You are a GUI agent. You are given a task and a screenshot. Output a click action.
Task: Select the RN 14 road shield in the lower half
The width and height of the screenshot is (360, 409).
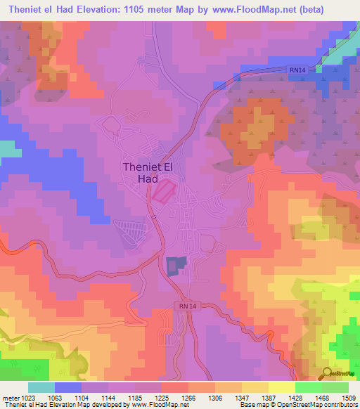[186, 306]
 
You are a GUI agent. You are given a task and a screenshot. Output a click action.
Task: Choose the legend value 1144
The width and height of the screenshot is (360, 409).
[109, 398]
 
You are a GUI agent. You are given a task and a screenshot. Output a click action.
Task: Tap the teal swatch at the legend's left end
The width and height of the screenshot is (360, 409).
[41, 387]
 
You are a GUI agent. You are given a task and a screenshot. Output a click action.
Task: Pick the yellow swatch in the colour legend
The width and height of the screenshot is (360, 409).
[281, 387]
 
